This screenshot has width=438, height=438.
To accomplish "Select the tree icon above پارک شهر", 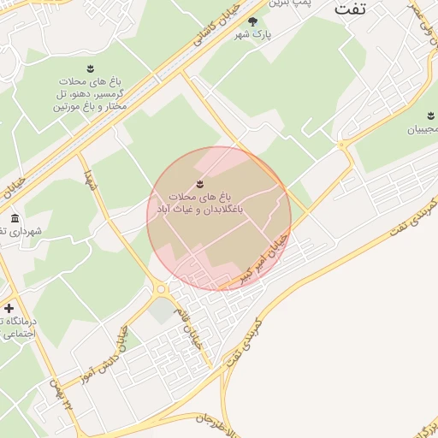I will click(x=252, y=21).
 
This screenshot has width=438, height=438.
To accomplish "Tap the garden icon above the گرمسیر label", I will click(x=90, y=68).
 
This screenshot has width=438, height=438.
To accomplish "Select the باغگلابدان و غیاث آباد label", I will click(x=198, y=203).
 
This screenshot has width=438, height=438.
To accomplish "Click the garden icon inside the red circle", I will click(x=199, y=182).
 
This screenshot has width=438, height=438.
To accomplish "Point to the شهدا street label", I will click(x=89, y=180).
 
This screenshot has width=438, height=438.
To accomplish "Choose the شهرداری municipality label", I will click(x=21, y=231).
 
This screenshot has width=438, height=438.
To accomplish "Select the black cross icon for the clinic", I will click(x=9, y=308).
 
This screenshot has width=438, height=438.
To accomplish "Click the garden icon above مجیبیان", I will click(x=429, y=115).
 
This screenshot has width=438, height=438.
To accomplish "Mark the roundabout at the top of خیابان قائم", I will click(x=161, y=290).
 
